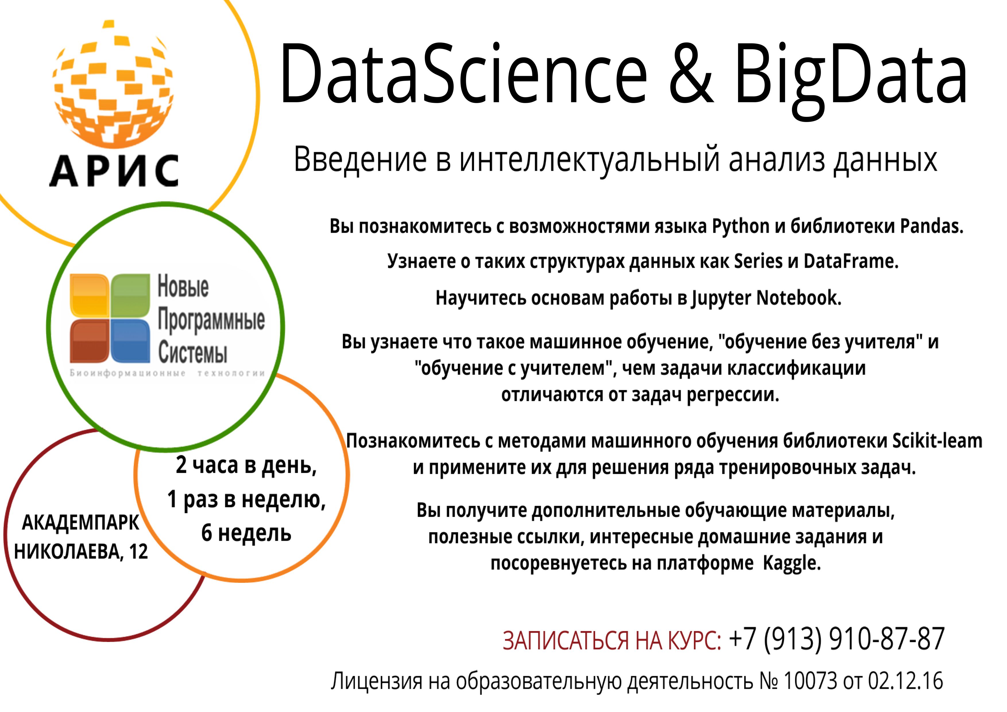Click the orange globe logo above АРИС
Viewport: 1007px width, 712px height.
113,83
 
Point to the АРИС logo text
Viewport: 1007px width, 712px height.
114,171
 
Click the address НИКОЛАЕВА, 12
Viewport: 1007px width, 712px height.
81,552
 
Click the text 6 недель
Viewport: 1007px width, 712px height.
247,533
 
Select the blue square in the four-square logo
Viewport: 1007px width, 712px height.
130,341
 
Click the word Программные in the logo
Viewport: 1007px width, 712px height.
211,320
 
